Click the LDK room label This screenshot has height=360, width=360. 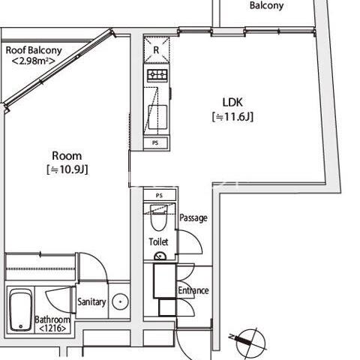(232, 102)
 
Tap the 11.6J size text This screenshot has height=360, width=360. (232, 117)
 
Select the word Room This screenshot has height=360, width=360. (67, 156)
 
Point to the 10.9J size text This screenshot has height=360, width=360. (67, 169)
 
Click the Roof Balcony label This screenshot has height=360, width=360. (34, 50)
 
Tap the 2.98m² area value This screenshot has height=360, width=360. (34, 61)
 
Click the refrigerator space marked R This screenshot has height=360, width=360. (157, 49)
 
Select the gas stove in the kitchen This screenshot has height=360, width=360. (157, 75)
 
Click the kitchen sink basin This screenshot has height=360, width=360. (157, 117)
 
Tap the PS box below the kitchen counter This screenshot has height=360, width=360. (155, 143)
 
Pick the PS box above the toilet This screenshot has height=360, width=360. (160, 195)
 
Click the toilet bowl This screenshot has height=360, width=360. (158, 217)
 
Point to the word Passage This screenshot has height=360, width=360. (193, 218)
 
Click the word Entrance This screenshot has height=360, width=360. (193, 290)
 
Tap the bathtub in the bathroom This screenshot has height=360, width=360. (21, 310)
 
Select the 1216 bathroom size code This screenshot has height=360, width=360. (52, 328)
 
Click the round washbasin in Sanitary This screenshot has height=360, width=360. (120, 301)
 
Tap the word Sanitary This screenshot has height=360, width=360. (91, 302)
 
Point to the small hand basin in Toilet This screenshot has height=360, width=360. (160, 256)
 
